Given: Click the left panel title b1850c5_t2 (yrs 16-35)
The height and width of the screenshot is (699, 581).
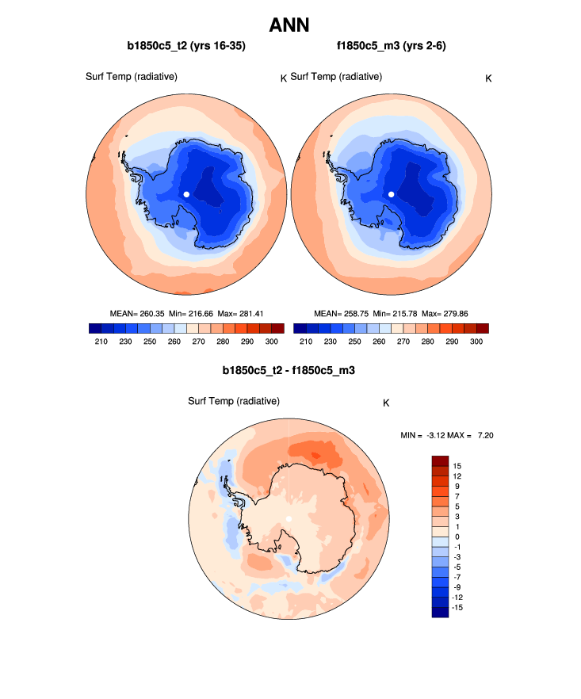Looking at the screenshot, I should pyautogui.click(x=186, y=46).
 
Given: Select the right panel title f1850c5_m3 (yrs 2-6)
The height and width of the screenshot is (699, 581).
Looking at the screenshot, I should pyautogui.click(x=392, y=46).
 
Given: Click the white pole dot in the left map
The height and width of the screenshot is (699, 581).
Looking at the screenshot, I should pyautogui.click(x=186, y=193).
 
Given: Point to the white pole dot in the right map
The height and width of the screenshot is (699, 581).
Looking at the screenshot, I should pyautogui.click(x=392, y=193).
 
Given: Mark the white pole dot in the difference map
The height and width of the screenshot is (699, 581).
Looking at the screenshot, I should pyautogui.click(x=289, y=518).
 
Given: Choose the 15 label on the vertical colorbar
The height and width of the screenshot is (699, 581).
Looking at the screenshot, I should pyautogui.click(x=457, y=465).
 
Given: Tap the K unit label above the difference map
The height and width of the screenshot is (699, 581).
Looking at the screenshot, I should pyautogui.click(x=386, y=403).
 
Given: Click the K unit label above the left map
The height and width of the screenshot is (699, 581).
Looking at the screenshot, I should pyautogui.click(x=283, y=78).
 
